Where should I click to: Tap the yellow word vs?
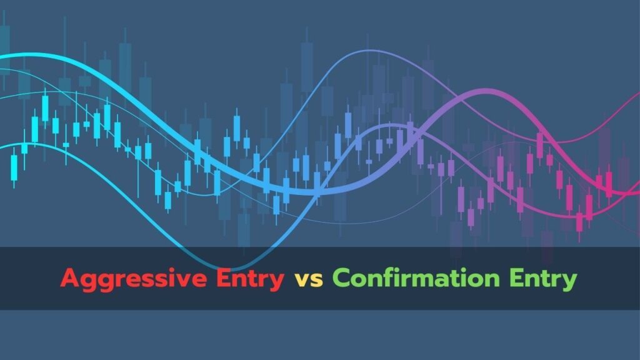pos(309,280)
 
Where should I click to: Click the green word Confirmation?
pos(416,277)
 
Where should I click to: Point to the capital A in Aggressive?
pos(70,278)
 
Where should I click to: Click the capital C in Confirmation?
pos(341,278)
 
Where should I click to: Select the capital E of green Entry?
pos(516,278)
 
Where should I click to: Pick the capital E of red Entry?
pos(223,278)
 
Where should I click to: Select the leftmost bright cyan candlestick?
pos(14,167)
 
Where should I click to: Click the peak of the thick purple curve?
pos(484,91)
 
